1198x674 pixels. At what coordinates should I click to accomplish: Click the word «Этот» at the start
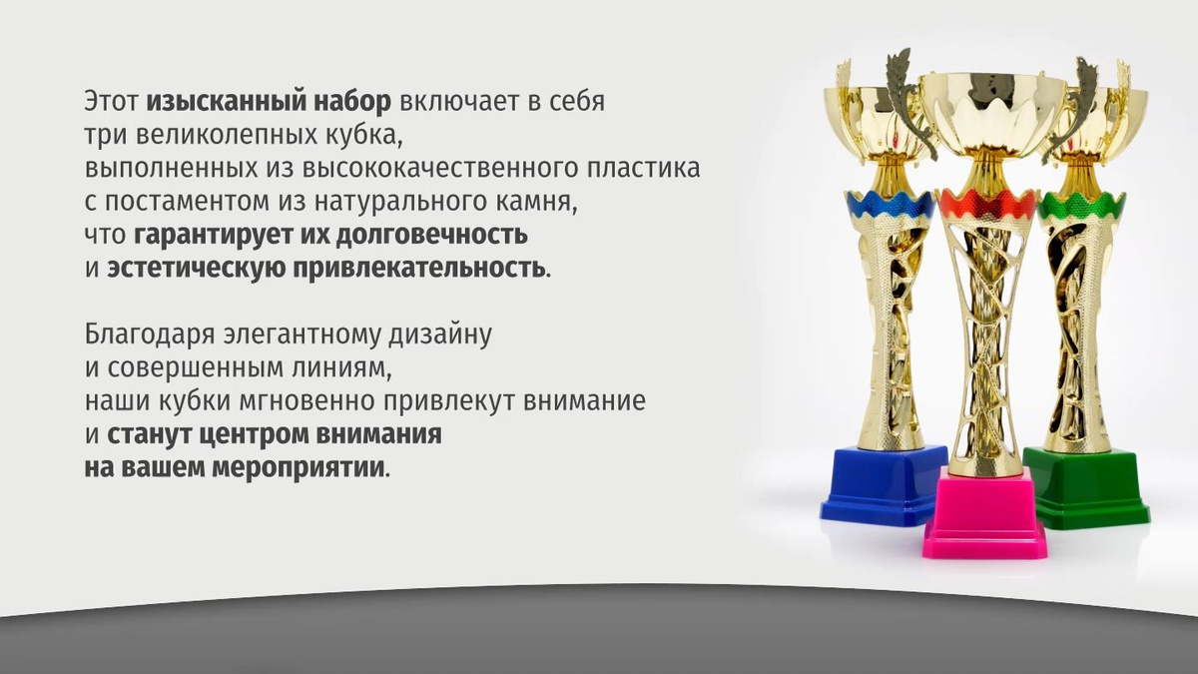(111, 102)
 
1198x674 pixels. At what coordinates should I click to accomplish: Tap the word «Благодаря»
(149, 336)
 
